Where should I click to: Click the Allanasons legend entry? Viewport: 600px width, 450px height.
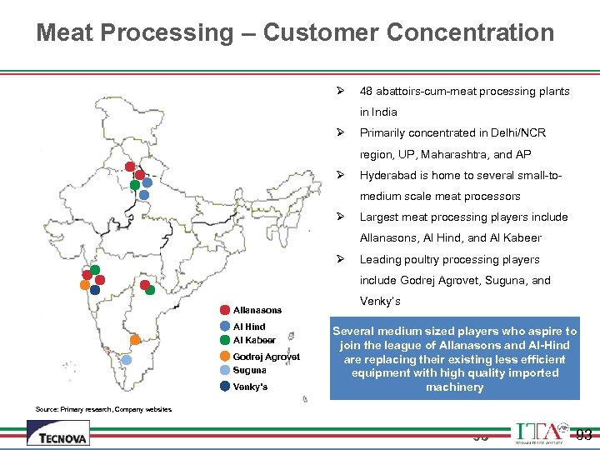click(x=257, y=310)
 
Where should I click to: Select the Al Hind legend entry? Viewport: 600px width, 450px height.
click(x=248, y=327)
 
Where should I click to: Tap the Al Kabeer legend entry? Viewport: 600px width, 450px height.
click(x=253, y=340)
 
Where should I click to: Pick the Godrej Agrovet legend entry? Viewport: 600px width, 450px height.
click(x=265, y=357)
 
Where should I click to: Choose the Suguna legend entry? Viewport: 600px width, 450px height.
click(x=249, y=370)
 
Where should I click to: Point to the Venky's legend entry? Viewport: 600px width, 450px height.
click(x=250, y=387)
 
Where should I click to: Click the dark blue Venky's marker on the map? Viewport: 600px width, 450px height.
click(x=94, y=290)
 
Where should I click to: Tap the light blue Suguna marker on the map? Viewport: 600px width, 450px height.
click(x=126, y=360)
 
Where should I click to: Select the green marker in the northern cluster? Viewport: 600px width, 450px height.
click(x=134, y=185)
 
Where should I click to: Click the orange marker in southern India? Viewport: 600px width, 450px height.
click(x=135, y=340)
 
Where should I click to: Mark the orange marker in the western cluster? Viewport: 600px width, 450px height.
click(x=84, y=285)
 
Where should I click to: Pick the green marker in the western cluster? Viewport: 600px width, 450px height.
click(x=95, y=270)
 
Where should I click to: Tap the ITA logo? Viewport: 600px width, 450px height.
click(x=542, y=432)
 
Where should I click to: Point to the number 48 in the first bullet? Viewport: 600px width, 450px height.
click(x=366, y=91)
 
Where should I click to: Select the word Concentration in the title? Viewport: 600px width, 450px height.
click(x=471, y=32)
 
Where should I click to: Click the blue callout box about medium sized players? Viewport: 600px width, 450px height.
click(x=454, y=359)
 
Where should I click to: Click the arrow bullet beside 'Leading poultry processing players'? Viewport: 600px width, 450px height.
click(x=340, y=259)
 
